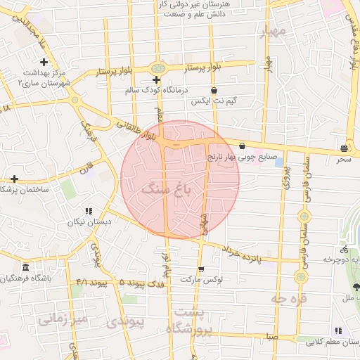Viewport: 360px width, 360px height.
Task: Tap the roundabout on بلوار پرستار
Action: (x=157, y=68)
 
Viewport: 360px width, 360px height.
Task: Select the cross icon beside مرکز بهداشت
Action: (x=44, y=63)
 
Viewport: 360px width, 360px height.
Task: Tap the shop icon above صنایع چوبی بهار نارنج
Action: (x=242, y=146)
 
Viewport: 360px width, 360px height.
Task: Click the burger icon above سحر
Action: (x=344, y=148)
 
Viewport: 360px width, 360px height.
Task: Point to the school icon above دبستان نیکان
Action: (x=89, y=211)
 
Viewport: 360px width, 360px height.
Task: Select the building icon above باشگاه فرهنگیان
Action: (x=25, y=268)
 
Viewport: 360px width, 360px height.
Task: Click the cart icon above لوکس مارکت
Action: (x=202, y=269)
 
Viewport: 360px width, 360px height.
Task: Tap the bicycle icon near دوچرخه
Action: (x=345, y=249)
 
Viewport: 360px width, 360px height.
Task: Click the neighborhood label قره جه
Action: (x=288, y=299)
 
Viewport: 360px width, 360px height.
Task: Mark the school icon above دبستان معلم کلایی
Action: (x=338, y=330)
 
